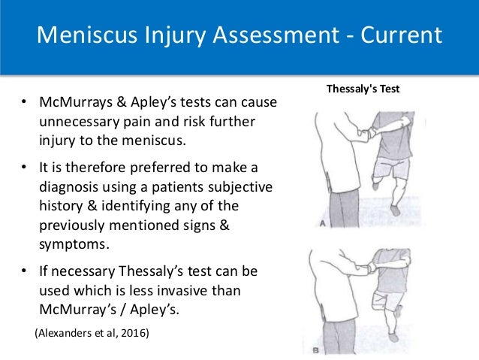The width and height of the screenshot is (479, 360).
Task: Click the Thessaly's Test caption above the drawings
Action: (x=363, y=88)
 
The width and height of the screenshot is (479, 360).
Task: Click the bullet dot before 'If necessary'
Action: (x=24, y=269)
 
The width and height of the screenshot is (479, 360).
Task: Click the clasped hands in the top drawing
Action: (x=367, y=133)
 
